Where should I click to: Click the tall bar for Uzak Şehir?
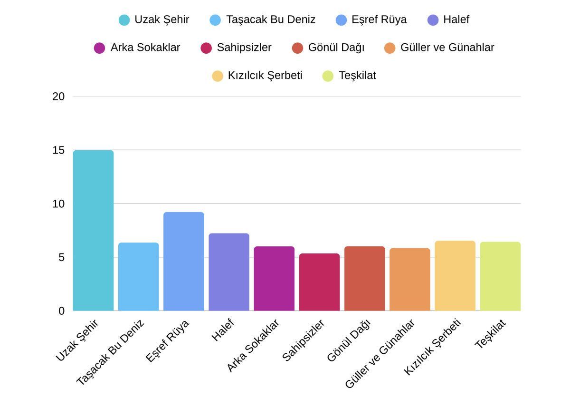[93, 231]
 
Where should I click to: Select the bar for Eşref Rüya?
[183, 262]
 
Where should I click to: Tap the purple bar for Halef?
[229, 272]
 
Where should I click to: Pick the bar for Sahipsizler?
[319, 282]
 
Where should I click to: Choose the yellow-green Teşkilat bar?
[500, 276]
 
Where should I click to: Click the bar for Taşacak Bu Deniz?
[138, 277]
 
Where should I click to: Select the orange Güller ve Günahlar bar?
[410, 280]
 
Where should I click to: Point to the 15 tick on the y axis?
[58, 150]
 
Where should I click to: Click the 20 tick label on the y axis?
[58, 97]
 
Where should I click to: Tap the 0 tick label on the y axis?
[61, 311]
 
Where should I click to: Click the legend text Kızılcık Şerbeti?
[265, 76]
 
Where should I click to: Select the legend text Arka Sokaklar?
[145, 48]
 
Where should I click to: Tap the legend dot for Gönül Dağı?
[297, 48]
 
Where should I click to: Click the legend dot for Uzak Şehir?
[124, 20]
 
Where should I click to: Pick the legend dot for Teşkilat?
[328, 76]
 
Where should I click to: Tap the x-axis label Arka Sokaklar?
[253, 346]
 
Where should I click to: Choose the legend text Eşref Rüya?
[379, 19]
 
